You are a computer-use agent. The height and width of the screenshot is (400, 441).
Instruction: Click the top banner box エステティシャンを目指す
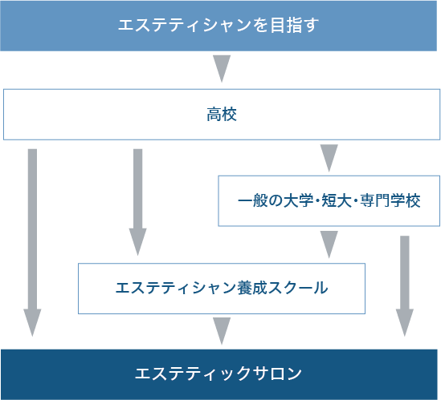click(218, 26)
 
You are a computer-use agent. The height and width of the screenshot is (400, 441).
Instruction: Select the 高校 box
click(222, 115)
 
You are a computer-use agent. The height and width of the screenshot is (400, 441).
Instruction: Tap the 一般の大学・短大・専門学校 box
click(329, 200)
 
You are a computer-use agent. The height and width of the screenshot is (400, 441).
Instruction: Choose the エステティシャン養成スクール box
click(222, 289)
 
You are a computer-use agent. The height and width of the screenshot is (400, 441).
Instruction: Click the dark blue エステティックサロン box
click(219, 374)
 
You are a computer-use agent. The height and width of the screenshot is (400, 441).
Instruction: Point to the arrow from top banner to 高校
click(222, 69)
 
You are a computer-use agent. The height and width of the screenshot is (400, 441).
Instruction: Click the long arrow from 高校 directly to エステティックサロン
click(32, 243)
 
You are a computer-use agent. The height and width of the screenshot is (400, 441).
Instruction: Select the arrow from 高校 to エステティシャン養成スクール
click(138, 202)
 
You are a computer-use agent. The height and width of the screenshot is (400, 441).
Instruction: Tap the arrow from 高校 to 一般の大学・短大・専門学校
click(329, 158)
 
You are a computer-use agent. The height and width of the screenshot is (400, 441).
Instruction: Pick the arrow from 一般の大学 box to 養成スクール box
click(329, 244)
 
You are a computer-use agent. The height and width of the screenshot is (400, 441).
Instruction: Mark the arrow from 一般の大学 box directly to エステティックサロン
click(405, 286)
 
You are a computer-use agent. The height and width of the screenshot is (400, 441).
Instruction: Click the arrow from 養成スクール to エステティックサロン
click(222, 331)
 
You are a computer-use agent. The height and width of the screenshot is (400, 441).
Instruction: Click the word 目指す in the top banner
click(295, 25)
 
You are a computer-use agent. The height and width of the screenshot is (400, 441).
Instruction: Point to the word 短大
click(337, 200)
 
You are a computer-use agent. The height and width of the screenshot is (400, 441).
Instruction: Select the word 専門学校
click(390, 200)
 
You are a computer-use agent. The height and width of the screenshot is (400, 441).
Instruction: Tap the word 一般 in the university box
click(253, 200)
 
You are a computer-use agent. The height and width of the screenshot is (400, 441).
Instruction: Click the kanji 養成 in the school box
click(252, 288)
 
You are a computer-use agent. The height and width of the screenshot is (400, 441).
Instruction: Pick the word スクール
click(298, 288)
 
